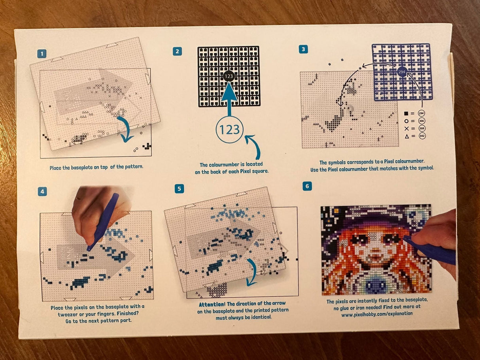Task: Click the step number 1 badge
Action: [x=42, y=54]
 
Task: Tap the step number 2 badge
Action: [x=177, y=52]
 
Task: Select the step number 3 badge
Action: [x=303, y=49]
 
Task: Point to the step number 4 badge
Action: [x=42, y=192]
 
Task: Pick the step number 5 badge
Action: [x=180, y=188]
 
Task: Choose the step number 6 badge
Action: [x=307, y=186]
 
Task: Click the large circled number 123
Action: [x=229, y=130]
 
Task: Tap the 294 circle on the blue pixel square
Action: [x=402, y=72]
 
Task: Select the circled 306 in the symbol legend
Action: [x=421, y=121]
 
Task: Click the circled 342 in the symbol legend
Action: [x=422, y=136]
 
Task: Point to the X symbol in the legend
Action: [x=406, y=128]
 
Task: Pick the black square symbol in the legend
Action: [x=406, y=113]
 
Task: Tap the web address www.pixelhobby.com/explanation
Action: [x=377, y=314]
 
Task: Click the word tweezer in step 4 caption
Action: [x=68, y=314]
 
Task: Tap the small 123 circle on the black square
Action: [x=229, y=76]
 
